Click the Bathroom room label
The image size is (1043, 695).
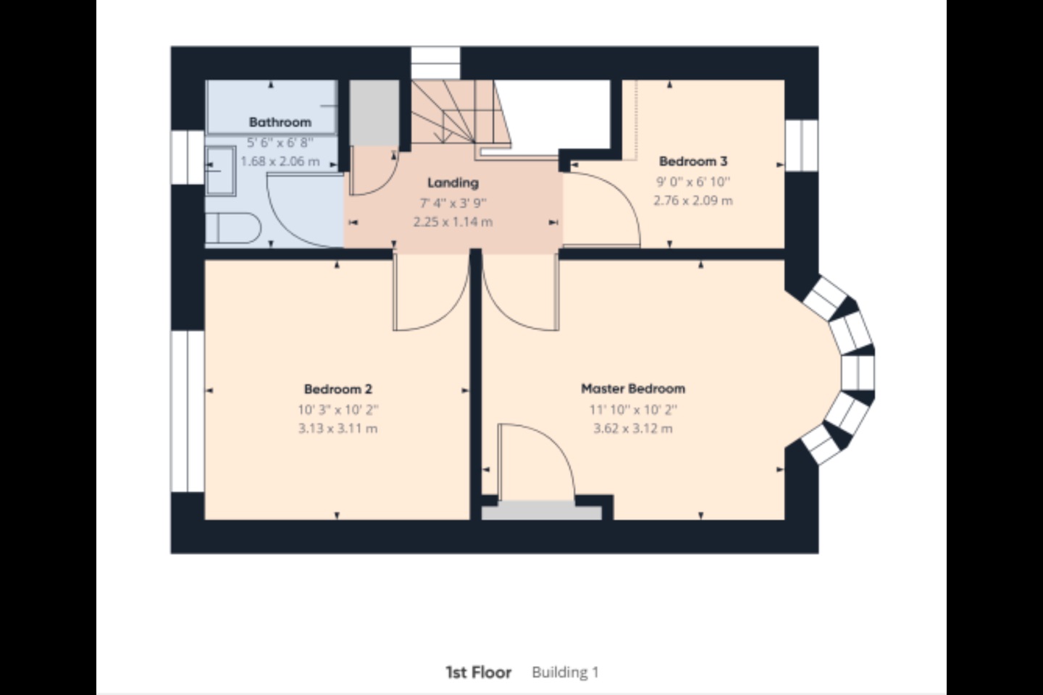click(x=280, y=122)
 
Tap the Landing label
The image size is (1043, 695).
click(x=453, y=183)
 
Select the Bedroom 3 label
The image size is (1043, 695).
click(x=693, y=161)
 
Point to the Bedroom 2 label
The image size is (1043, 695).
click(x=338, y=389)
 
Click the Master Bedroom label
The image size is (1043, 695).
click(x=633, y=388)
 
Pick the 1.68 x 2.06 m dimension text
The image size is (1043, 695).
click(x=280, y=161)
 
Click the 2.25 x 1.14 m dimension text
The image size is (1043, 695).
click(x=453, y=222)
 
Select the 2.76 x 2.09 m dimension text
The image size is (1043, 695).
click(x=693, y=201)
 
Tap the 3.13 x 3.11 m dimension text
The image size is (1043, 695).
click(x=338, y=429)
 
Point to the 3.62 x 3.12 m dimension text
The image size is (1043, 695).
click(x=633, y=429)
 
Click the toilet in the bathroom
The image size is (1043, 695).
click(x=233, y=227)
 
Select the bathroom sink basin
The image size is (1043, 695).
click(x=220, y=171)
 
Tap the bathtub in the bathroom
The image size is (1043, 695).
click(x=272, y=106)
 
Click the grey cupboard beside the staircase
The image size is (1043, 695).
click(x=374, y=113)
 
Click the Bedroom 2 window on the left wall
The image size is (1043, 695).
click(x=188, y=411)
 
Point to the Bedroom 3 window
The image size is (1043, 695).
click(x=801, y=146)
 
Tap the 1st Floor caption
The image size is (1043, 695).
click(x=478, y=672)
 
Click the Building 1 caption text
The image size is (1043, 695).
click(x=565, y=672)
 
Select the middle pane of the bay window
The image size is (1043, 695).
click(x=858, y=372)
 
